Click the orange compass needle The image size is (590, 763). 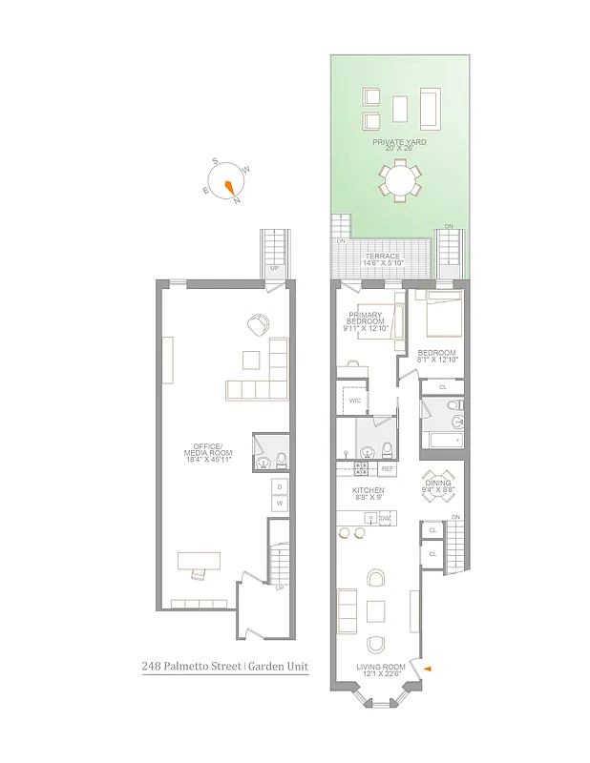[229, 186]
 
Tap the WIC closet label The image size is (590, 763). [354, 401]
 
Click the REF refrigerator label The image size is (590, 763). [387, 469]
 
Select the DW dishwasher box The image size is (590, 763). [385, 519]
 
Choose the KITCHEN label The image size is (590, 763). [368, 493]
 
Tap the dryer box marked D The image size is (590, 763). [279, 486]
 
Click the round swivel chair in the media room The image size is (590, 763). [258, 325]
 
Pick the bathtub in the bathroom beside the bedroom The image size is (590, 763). [445, 440]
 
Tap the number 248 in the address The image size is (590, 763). [152, 668]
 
